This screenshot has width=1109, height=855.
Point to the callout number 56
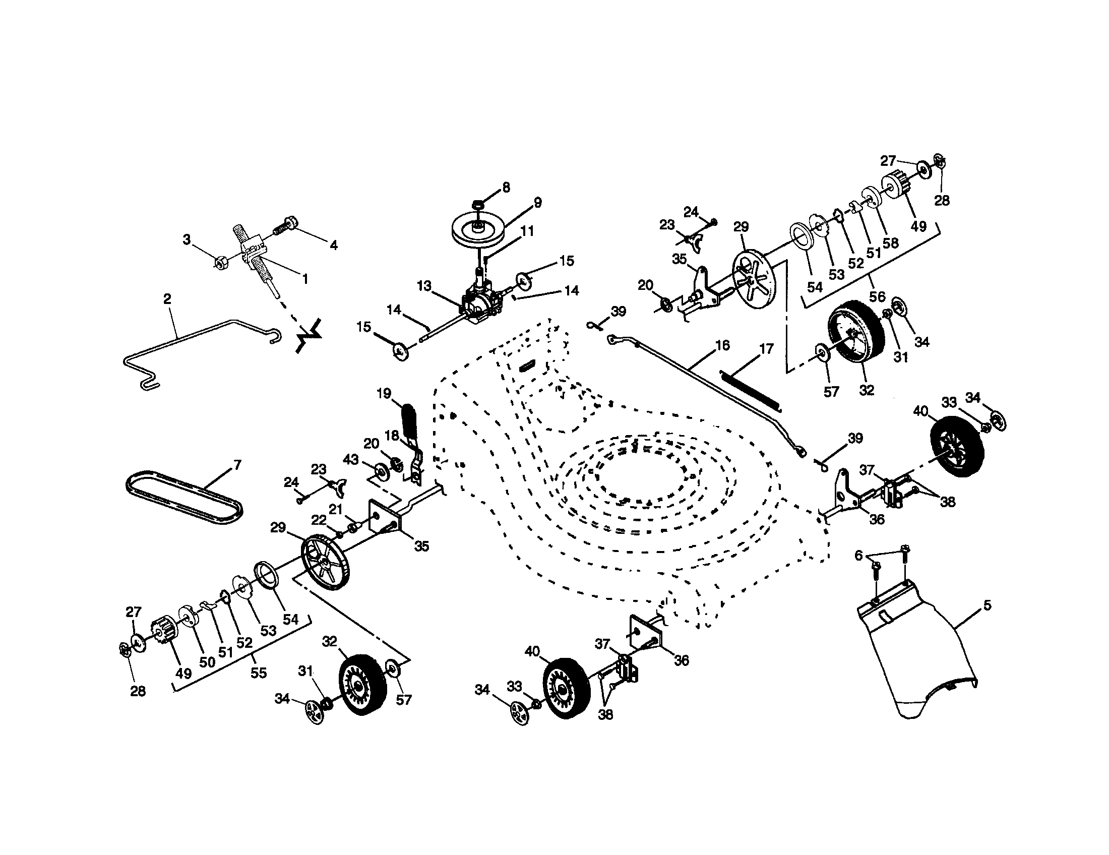(877, 296)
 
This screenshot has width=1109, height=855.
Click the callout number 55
(259, 673)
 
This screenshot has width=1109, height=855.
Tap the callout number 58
(891, 242)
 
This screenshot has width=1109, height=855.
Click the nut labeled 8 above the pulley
(478, 205)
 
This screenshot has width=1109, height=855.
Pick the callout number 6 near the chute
(858, 556)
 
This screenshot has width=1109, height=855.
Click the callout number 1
(304, 279)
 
